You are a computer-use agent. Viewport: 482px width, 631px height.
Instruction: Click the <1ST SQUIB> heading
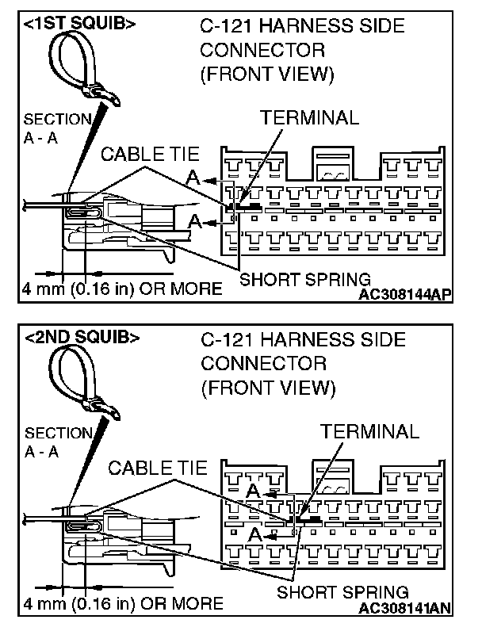click(x=79, y=24)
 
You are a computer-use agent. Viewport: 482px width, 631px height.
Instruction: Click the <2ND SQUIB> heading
click(x=82, y=337)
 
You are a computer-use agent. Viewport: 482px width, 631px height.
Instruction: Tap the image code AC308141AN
click(x=405, y=608)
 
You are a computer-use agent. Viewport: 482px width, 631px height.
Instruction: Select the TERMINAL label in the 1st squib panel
click(x=310, y=117)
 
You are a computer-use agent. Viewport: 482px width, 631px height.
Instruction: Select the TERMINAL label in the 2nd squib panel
click(x=369, y=431)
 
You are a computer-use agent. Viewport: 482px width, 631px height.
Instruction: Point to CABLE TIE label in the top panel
click(x=150, y=155)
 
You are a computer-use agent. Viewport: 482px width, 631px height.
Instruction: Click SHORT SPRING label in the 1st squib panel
click(x=305, y=278)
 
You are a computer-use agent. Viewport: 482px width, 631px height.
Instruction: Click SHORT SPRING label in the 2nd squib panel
click(x=342, y=592)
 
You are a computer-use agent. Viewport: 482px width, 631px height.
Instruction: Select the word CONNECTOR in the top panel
click(x=262, y=51)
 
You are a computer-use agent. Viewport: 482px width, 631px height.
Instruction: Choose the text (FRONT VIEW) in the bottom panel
click(x=267, y=388)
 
